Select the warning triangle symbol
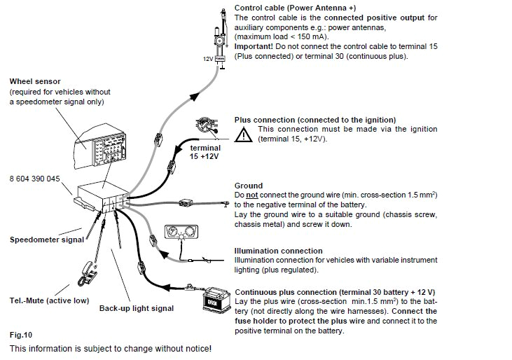coord(244,134)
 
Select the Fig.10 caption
coord(21,335)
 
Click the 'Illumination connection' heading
coord(278,251)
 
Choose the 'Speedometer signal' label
coord(46,240)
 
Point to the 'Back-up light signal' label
coord(136,308)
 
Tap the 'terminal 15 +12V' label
coord(205,153)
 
